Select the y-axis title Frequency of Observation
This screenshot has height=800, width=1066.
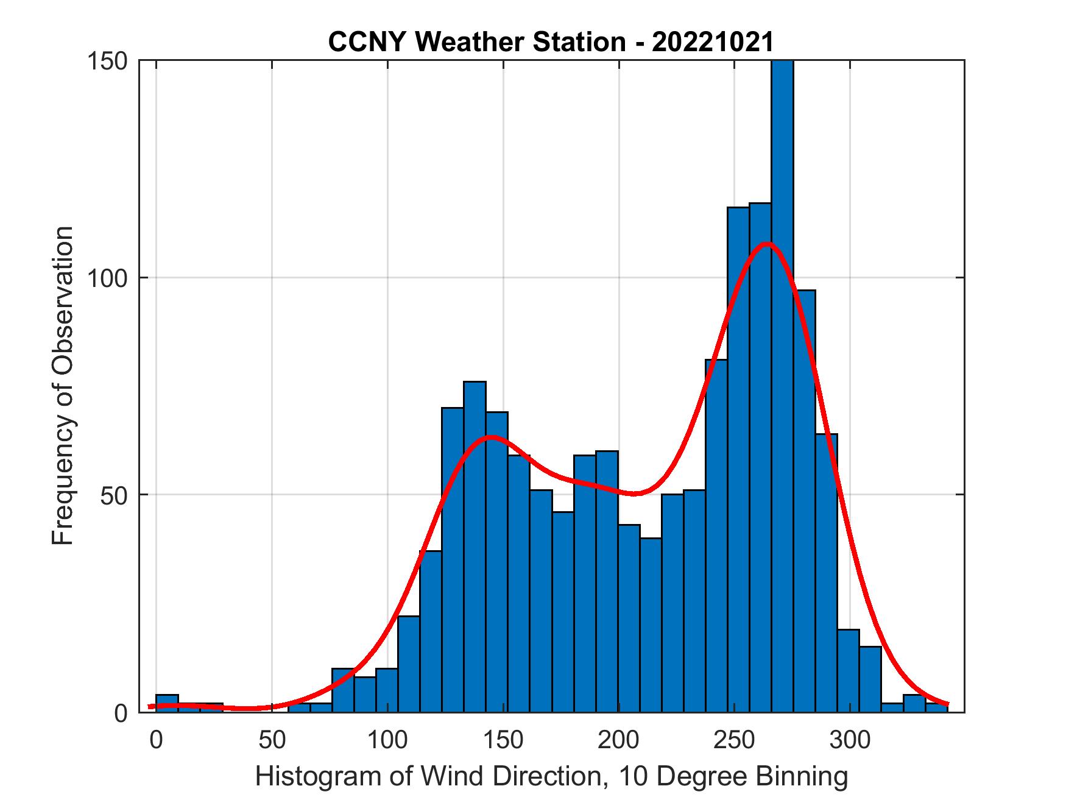(63, 386)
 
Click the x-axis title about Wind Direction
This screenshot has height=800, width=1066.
(551, 776)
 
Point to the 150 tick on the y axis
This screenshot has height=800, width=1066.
(108, 61)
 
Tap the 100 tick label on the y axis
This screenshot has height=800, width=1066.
(108, 278)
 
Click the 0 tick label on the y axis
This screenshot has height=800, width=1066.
(122, 712)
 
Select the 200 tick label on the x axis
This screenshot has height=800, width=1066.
(619, 740)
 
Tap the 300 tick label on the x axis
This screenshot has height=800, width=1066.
(850, 740)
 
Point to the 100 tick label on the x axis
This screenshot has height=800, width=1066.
(387, 740)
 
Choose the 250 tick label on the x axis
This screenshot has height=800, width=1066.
(735, 740)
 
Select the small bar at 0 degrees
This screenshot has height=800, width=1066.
(167, 703)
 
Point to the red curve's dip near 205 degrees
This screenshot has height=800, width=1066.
(634, 493)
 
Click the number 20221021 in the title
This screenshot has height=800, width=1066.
(713, 41)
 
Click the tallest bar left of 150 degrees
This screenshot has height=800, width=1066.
(475, 548)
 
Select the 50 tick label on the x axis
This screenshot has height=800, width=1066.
(272, 740)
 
